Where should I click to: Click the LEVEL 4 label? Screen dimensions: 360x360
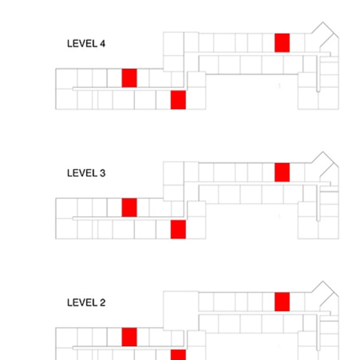[x=86, y=44]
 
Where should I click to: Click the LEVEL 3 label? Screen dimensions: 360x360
[x=86, y=173]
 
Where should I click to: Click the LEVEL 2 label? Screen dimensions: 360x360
[x=86, y=302]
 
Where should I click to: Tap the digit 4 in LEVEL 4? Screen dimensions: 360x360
[x=102, y=44]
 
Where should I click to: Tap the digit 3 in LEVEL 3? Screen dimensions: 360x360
[x=102, y=173]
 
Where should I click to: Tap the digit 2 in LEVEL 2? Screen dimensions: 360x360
[x=102, y=302]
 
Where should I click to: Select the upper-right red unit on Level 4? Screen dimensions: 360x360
[x=282, y=43]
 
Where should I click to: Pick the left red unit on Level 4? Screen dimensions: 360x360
[x=129, y=78]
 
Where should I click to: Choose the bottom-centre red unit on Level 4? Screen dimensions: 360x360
[x=178, y=100]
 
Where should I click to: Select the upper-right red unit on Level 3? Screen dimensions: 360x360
[x=282, y=172]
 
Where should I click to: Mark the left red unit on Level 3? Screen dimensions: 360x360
[x=129, y=207]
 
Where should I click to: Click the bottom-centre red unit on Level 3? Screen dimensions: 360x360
[x=178, y=229]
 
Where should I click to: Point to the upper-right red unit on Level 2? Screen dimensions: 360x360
[x=282, y=302]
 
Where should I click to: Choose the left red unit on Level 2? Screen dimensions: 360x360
[x=129, y=337]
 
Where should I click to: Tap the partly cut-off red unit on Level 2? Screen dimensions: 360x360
[x=178, y=355]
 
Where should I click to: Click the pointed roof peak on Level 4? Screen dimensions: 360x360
[x=322, y=22]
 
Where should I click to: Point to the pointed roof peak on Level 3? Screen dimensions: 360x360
[x=322, y=151]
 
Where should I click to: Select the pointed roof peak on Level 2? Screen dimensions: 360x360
[x=322, y=281]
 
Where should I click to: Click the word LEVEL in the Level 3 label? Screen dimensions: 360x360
[x=82, y=173]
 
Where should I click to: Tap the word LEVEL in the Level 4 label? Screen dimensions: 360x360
[x=82, y=44]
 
